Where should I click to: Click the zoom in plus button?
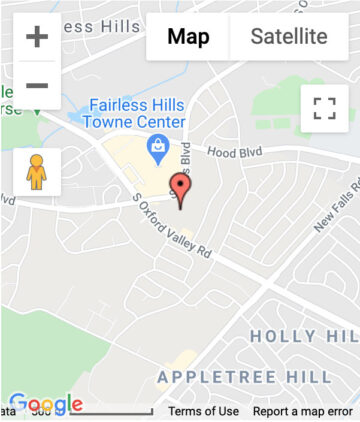[37, 38]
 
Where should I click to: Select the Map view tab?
[188, 37]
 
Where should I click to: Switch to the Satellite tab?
[288, 37]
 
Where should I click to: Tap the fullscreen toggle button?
[324, 109]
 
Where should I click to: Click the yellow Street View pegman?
[37, 172]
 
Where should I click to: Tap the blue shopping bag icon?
[157, 150]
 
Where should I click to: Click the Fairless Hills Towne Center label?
[137, 112]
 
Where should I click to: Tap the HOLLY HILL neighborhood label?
[303, 336]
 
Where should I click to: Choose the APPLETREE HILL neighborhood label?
[245, 377]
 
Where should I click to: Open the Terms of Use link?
[203, 411]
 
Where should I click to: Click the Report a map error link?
[302, 411]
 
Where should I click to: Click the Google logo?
[45, 404]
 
